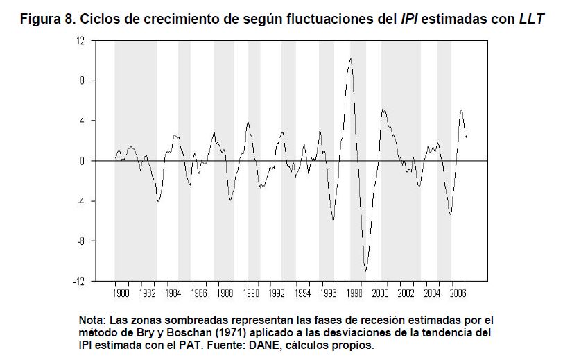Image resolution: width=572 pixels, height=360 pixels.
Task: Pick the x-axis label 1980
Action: (x=121, y=293)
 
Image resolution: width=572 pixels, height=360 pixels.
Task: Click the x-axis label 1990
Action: (x=251, y=293)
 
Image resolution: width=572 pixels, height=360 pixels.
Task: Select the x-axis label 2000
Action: (x=381, y=293)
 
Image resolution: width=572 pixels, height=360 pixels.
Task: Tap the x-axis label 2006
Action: (x=458, y=293)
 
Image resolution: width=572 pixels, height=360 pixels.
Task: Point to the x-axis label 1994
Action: (x=303, y=293)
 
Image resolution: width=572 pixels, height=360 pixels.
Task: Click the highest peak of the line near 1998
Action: (x=351, y=58)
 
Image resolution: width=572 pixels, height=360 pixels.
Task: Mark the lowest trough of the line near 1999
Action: (x=366, y=270)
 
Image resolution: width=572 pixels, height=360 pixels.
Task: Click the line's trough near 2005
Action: (x=451, y=214)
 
